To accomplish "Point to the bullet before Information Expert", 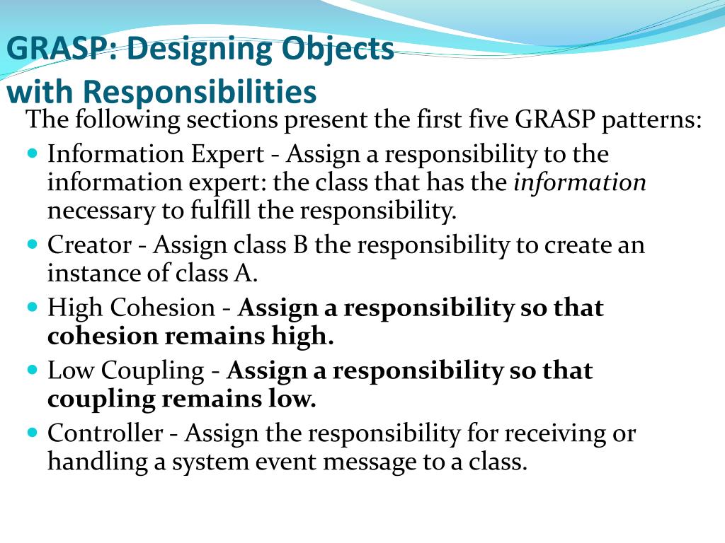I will pyautogui.click(x=35, y=153).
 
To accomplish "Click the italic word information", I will pyautogui.click(x=580, y=182).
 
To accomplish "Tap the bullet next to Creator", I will pyautogui.click(x=35, y=245).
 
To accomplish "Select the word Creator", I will pyautogui.click(x=89, y=245).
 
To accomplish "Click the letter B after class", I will pyautogui.click(x=299, y=245).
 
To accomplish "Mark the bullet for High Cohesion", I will pyautogui.click(x=35, y=308).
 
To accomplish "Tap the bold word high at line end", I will pyautogui.click(x=302, y=337).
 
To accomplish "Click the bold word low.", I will pyautogui.click(x=296, y=399).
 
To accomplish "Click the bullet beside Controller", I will pyautogui.click(x=35, y=433).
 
